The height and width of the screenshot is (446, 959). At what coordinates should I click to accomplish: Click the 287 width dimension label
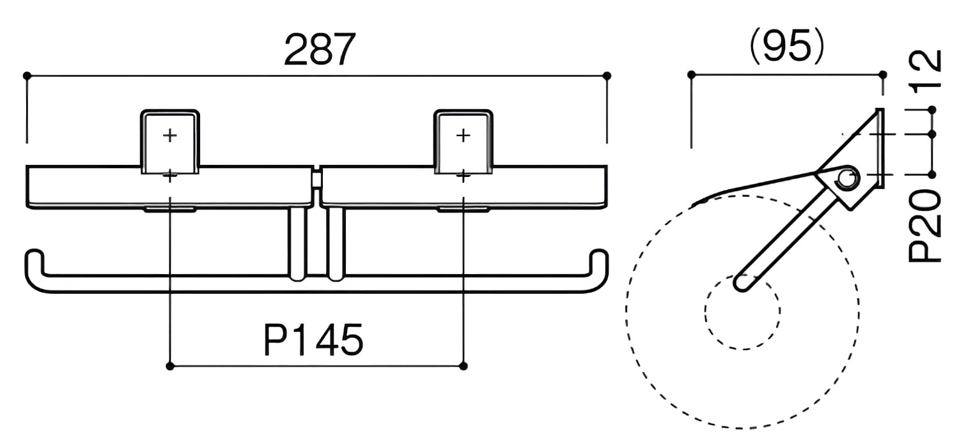click(320, 50)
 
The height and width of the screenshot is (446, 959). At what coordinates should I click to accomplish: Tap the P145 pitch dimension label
click(313, 341)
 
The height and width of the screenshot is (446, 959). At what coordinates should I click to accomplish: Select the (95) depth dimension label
click(787, 47)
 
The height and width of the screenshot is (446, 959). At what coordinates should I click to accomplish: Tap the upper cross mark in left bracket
click(170, 135)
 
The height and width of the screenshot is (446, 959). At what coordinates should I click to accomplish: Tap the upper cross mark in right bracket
click(464, 135)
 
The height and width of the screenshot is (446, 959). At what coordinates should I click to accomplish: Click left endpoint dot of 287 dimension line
click(27, 76)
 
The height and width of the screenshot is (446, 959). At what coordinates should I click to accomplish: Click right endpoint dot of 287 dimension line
click(607, 76)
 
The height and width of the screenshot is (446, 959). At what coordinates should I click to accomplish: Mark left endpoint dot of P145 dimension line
click(170, 366)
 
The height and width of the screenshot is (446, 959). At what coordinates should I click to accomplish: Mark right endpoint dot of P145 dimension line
click(464, 366)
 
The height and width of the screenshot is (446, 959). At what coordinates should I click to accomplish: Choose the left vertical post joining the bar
click(297, 244)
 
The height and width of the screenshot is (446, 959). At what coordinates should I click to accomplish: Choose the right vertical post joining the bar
click(336, 244)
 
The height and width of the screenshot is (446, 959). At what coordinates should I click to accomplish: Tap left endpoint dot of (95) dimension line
click(691, 75)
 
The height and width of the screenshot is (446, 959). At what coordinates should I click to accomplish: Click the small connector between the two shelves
click(317, 179)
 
